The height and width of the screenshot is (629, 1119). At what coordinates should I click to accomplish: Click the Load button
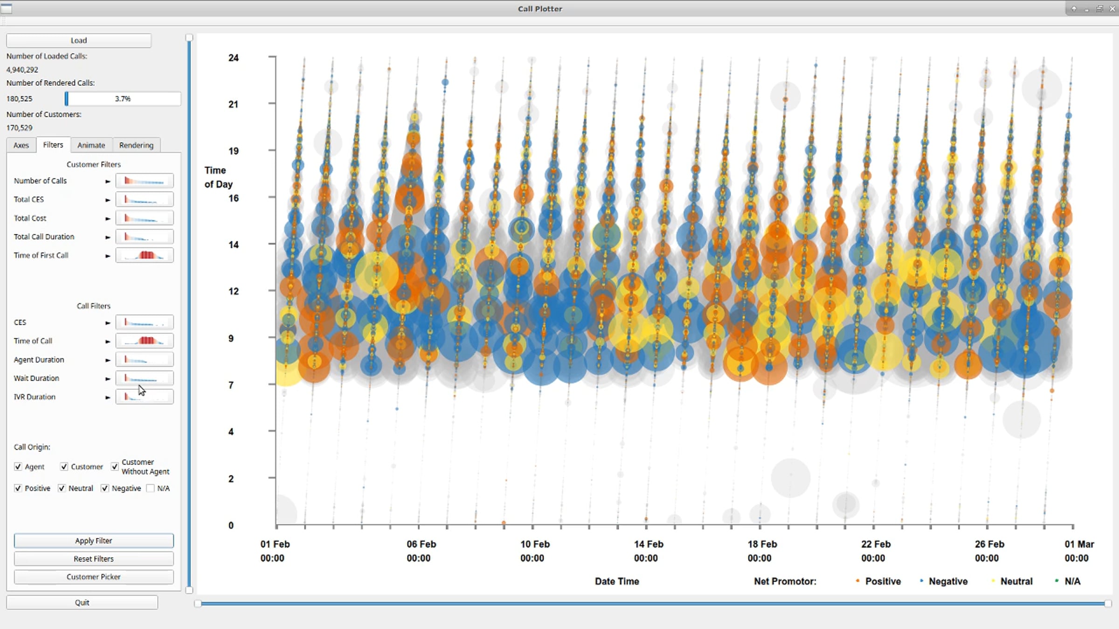pos(79,41)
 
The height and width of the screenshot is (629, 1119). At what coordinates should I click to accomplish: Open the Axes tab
pos(21,145)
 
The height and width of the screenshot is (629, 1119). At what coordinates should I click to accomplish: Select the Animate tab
pos(91,145)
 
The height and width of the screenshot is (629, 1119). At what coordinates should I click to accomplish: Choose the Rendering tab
pos(136,145)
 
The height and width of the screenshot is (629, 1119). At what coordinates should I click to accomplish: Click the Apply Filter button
pos(94,540)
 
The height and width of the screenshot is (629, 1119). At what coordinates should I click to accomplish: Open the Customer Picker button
pos(94,577)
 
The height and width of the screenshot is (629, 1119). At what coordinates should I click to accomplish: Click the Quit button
pos(82,602)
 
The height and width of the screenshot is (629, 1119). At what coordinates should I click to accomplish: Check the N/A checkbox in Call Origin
pos(150,488)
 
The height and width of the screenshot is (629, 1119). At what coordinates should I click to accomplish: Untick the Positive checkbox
pos(18,488)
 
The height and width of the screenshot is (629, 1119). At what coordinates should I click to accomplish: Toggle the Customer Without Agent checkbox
pos(115,466)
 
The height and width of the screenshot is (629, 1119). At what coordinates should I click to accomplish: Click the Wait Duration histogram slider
pos(145,378)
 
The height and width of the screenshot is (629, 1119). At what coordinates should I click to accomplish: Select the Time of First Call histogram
pos(145,255)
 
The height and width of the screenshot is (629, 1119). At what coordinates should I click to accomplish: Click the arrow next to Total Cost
pos(108,219)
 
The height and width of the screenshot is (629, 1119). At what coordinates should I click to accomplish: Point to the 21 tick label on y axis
pos(233,104)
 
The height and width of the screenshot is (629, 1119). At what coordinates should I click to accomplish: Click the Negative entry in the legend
pos(948,581)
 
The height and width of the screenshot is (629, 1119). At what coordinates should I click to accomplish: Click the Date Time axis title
pos(617,581)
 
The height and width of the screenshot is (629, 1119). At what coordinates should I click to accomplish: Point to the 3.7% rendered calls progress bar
pos(123,99)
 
